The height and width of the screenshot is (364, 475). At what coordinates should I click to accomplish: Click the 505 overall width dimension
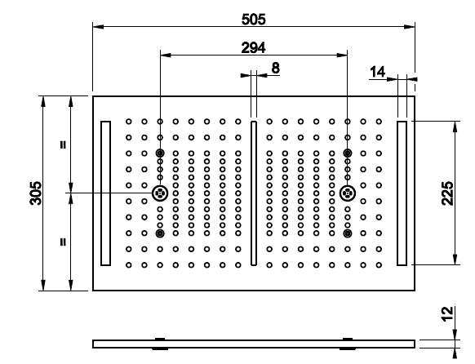click(x=254, y=20)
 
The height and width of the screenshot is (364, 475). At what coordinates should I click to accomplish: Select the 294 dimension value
click(x=254, y=47)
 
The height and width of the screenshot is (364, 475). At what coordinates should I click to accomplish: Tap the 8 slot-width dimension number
click(x=275, y=68)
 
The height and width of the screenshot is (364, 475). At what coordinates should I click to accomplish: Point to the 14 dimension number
click(x=377, y=72)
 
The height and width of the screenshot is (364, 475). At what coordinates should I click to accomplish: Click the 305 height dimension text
click(x=36, y=193)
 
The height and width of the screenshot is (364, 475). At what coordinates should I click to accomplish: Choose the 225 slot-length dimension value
click(x=447, y=193)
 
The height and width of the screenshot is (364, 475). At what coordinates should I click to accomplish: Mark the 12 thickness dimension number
click(x=447, y=313)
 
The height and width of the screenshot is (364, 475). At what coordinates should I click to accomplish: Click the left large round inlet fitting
click(x=160, y=193)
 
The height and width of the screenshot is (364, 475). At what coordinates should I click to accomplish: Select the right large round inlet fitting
click(x=348, y=193)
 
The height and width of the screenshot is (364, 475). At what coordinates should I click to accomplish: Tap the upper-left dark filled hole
click(x=160, y=153)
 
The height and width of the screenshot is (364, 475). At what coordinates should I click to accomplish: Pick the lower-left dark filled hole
click(x=160, y=233)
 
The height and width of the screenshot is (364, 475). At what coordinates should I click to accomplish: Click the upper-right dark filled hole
click(x=348, y=153)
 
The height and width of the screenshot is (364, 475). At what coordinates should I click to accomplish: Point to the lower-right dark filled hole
click(x=348, y=233)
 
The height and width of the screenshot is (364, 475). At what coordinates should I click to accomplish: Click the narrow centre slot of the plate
click(x=254, y=193)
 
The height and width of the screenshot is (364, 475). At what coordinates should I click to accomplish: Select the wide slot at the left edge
click(x=105, y=193)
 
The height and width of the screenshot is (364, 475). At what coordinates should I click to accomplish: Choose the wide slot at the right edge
click(x=402, y=193)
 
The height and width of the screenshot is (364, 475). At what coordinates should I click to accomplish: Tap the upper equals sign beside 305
click(x=63, y=144)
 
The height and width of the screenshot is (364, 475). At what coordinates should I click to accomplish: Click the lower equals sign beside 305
click(x=63, y=242)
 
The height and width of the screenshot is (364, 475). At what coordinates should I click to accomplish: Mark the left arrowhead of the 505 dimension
click(x=98, y=27)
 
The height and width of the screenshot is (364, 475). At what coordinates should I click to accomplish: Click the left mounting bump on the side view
click(x=160, y=344)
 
